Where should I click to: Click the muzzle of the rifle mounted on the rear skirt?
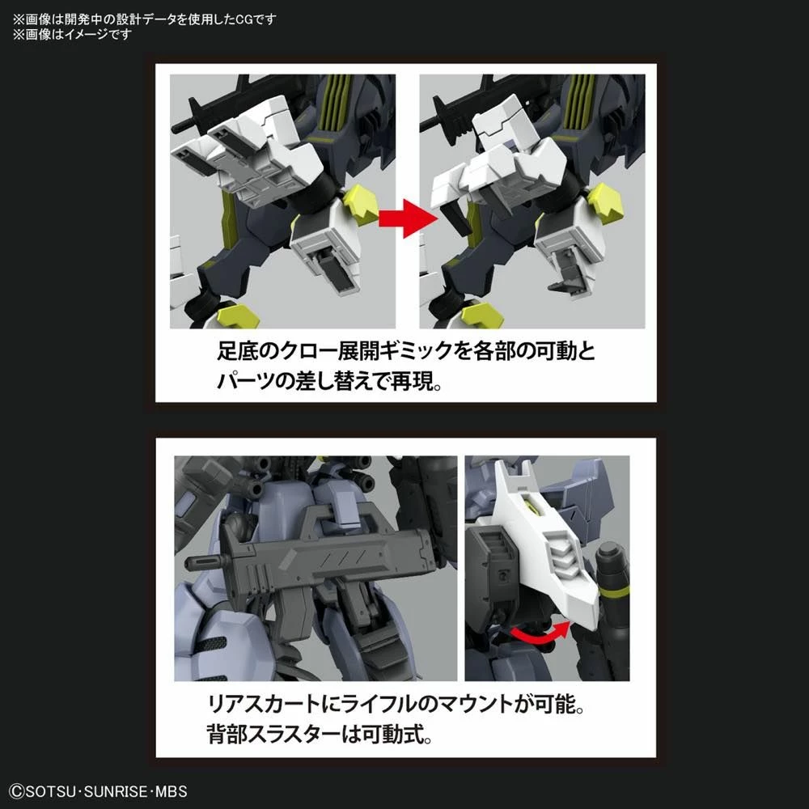click(x=199, y=563)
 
